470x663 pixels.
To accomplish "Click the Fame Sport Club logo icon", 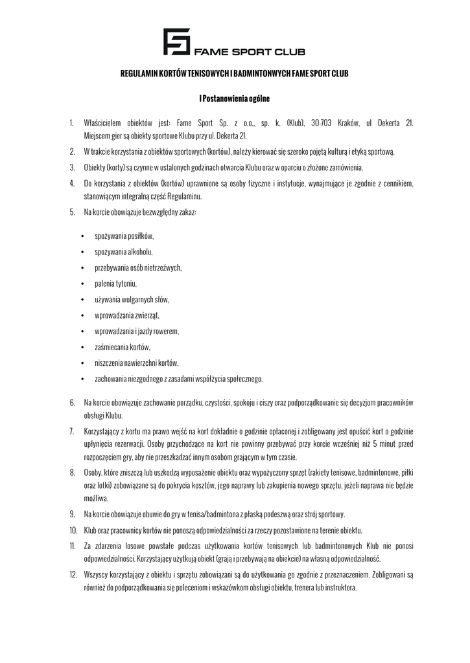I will pyautogui.click(x=176, y=42).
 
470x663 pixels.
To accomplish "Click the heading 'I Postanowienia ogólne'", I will pyautogui.click(x=235, y=99).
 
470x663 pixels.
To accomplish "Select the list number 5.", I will pyautogui.click(x=72, y=212).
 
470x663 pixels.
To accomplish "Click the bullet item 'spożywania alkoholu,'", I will pyautogui.click(x=124, y=252).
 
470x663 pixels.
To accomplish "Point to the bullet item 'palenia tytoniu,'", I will pyautogui.click(x=116, y=284).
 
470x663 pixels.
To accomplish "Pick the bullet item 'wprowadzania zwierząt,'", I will pyautogui.click(x=127, y=315).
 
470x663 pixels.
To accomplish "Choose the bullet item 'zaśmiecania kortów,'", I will pyautogui.click(x=123, y=347).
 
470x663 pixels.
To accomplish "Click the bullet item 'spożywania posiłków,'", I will pyautogui.click(x=124, y=236).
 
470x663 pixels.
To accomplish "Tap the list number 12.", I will pyautogui.click(x=73, y=574).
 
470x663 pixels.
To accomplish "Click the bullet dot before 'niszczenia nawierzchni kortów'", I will pyautogui.click(x=82, y=363).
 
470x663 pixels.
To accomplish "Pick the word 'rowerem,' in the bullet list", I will pyautogui.click(x=166, y=331).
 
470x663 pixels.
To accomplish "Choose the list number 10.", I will pyautogui.click(x=73, y=530).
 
